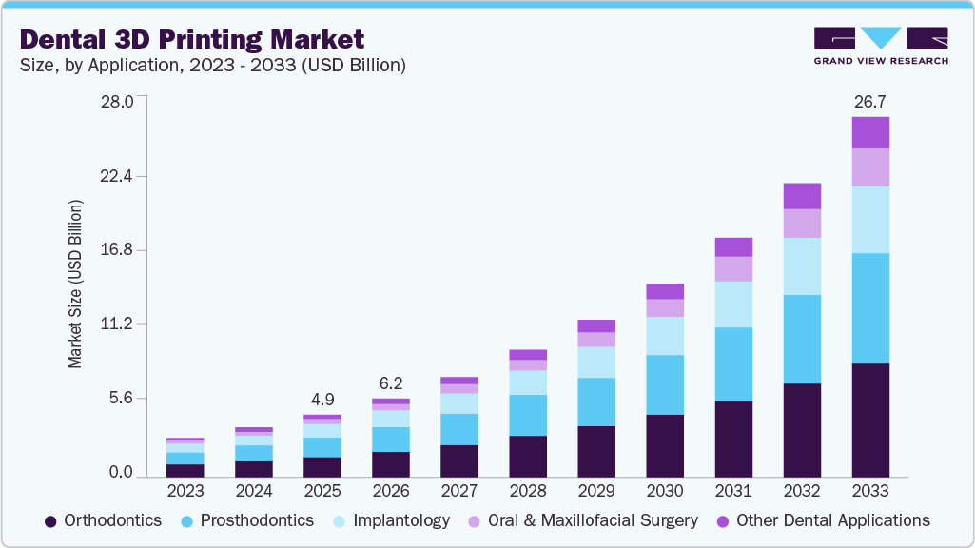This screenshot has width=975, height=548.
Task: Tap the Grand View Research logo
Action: tap(880, 45)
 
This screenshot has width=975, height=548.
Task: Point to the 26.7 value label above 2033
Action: tap(869, 101)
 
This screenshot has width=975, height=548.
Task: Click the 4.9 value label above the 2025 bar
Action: tap(322, 399)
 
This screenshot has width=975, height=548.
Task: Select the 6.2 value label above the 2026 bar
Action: tap(390, 382)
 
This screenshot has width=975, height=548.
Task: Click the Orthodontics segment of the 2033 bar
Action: tap(869, 420)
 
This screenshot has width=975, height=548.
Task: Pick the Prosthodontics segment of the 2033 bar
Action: tap(869, 308)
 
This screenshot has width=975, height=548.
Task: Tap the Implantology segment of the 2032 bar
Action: tap(801, 265)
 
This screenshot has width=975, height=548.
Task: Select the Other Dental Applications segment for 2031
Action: tap(732, 246)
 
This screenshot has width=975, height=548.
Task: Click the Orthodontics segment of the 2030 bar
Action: tap(664, 445)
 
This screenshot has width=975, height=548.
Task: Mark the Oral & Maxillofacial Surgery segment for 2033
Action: tap(869, 167)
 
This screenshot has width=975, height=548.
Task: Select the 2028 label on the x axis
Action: tap(527, 491)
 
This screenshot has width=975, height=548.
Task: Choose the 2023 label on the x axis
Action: tap(185, 491)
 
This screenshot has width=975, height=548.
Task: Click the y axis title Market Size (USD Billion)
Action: tap(75, 284)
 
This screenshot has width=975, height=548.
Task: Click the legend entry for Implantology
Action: tap(391, 520)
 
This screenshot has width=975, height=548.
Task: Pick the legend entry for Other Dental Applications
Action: tap(823, 520)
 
